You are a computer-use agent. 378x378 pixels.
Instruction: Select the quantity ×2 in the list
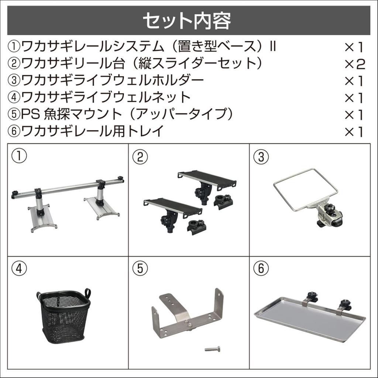(x=354, y=64)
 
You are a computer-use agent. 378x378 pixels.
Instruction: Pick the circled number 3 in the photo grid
(x=261, y=157)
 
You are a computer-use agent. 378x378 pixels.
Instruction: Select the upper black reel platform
(x=207, y=179)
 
